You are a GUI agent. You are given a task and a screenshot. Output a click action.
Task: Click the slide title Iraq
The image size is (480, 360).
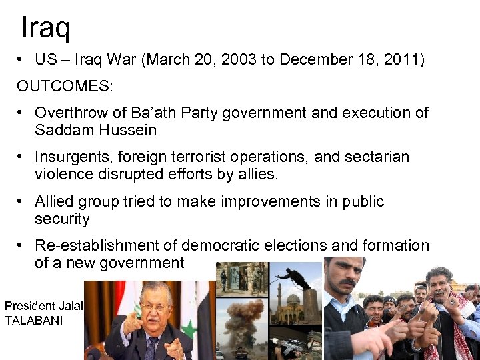pos(45,27)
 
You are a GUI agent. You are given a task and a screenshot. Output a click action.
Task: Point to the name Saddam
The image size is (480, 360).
pos(63,130)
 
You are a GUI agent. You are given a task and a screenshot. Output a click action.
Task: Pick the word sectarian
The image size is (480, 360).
pos(377,157)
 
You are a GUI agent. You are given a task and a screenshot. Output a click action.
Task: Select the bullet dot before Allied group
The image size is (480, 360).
pos(22,201)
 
